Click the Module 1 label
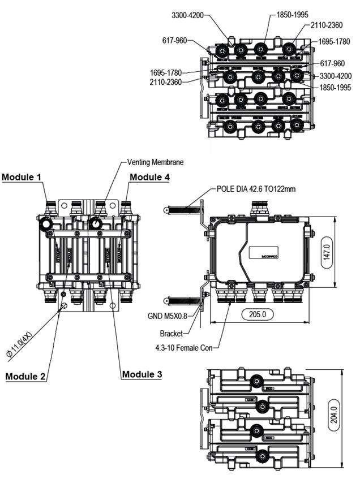click(22, 177)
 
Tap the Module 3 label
click(142, 374)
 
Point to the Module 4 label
click(149, 177)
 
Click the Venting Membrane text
click(155, 162)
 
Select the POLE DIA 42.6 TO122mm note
click(256, 189)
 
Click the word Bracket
click(171, 333)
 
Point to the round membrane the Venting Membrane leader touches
click(95, 224)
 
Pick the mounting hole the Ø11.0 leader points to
click(64, 305)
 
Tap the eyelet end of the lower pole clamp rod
click(166, 300)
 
